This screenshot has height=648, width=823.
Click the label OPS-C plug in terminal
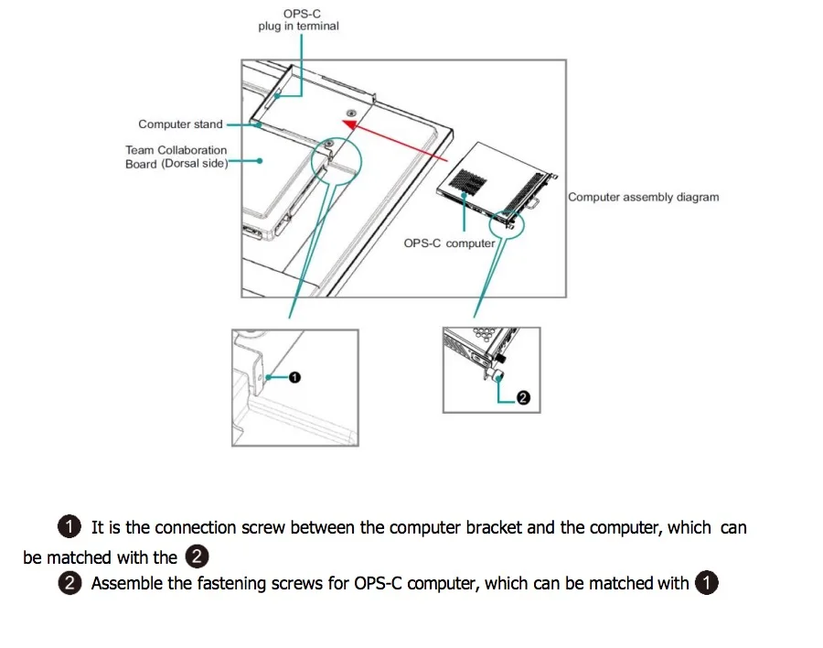298,20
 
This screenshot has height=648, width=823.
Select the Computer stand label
180,124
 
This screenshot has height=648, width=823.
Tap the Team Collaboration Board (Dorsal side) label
176,157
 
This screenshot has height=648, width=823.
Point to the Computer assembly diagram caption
643,197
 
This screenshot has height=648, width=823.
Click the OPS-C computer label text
449,243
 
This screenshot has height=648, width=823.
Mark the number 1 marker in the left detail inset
294,376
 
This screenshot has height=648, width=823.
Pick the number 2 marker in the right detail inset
523,398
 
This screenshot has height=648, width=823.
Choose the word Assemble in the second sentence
127,584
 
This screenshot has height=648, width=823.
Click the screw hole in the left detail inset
262,375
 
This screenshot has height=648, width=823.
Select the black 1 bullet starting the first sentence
69,527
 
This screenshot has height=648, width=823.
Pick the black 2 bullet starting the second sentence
69,583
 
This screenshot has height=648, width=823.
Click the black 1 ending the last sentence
706,583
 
